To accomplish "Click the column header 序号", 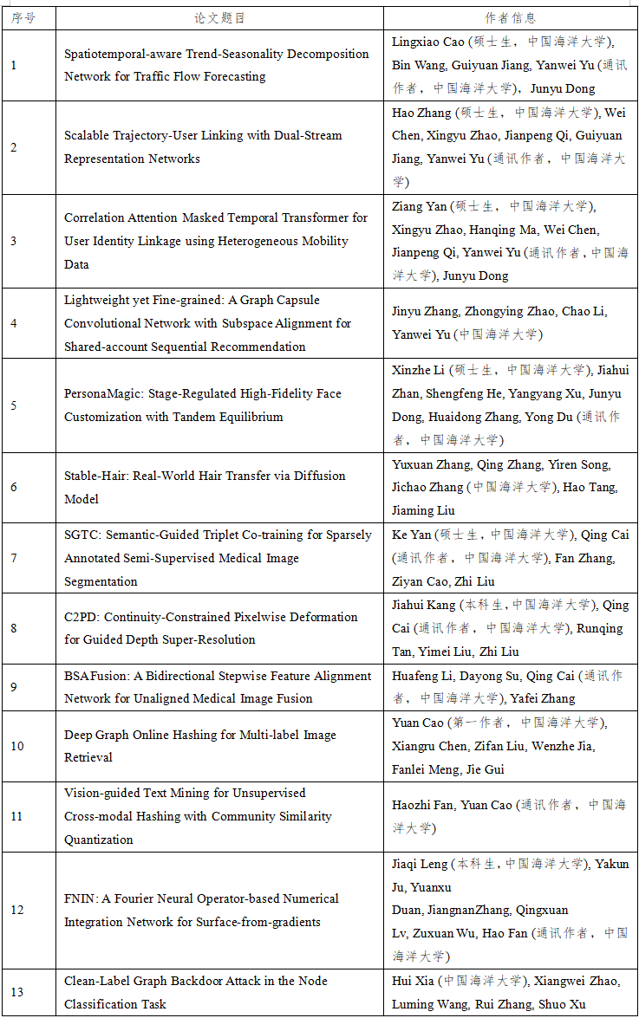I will coord(23,18).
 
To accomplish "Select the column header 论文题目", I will coord(219,18).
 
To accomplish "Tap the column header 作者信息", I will coord(510,18).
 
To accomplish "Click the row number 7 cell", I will coord(14,558).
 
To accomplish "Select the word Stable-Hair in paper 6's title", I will coord(93,476).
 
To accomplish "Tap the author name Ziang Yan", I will coord(420,206).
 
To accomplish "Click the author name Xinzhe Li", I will coord(419,370).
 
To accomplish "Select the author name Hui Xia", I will coord(413,981).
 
